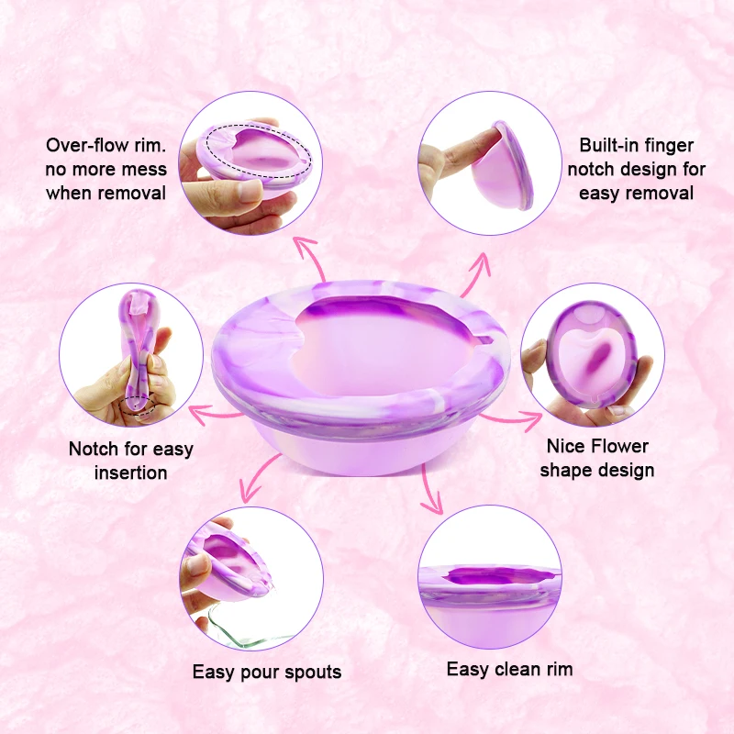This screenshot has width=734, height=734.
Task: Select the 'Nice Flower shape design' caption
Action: pos(597,458)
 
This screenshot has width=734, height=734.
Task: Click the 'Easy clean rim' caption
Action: pos(509,669)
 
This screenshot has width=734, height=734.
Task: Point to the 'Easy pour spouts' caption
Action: pos(266,672)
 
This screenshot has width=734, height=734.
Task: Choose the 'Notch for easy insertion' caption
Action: pos(131,461)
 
